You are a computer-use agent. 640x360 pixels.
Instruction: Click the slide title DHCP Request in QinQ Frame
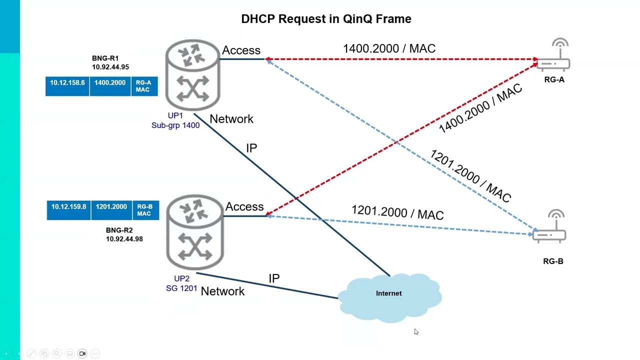(x=326, y=19)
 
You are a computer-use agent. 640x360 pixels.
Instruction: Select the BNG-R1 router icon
(x=192, y=75)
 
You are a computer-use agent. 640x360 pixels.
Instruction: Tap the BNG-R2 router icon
(x=194, y=232)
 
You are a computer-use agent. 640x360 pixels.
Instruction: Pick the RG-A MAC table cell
(x=143, y=86)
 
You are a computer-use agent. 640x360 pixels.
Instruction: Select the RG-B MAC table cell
(x=144, y=210)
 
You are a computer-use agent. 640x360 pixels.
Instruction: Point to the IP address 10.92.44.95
(x=110, y=67)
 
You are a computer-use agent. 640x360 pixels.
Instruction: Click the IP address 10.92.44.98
(x=124, y=239)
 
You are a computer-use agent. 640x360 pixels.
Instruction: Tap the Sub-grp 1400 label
(x=175, y=125)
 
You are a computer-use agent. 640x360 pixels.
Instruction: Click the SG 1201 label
(x=181, y=288)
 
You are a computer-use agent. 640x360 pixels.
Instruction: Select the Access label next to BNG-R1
(x=241, y=50)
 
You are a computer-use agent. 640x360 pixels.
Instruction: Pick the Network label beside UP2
(x=222, y=291)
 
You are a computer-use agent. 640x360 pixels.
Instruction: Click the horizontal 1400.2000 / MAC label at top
(x=389, y=48)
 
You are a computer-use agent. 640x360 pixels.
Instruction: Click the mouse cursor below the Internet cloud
(x=416, y=332)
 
